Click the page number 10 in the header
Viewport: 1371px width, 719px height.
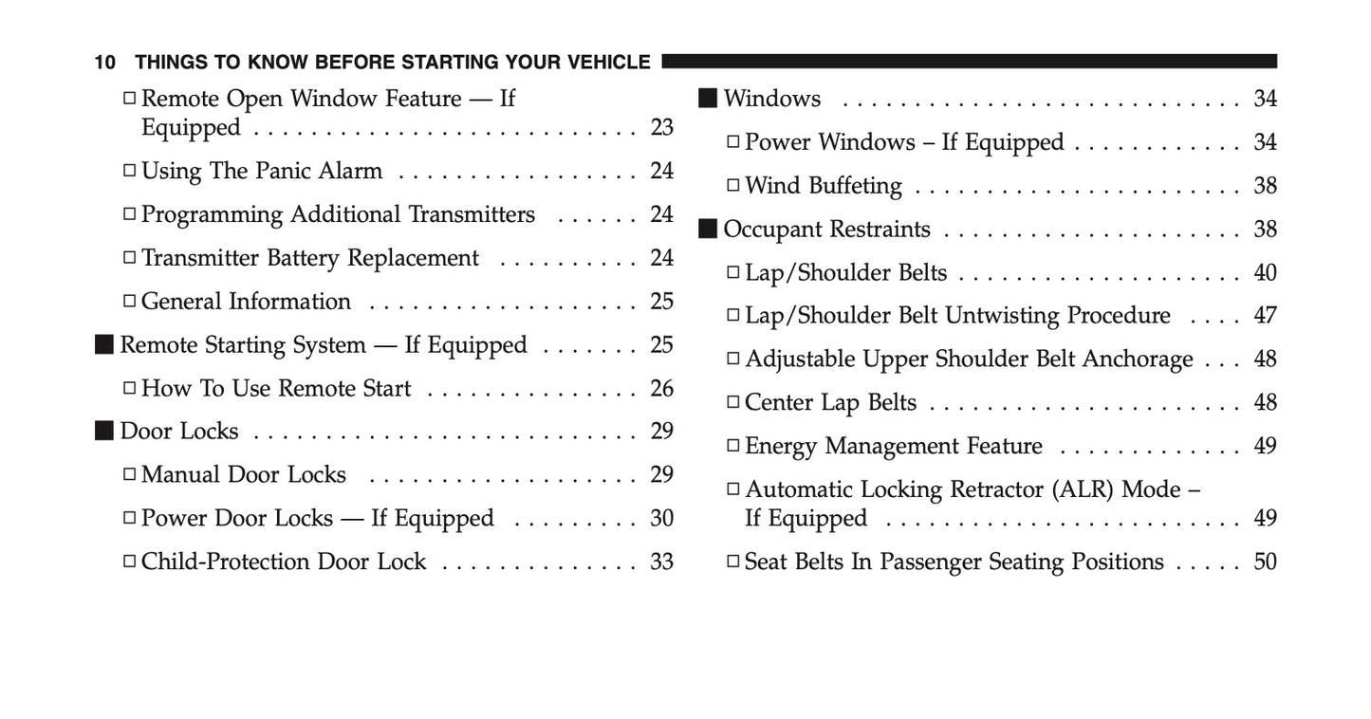pyautogui.click(x=104, y=63)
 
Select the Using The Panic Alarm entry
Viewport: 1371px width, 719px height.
pyautogui.click(x=262, y=172)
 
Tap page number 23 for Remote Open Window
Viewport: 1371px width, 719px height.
pyautogui.click(x=661, y=127)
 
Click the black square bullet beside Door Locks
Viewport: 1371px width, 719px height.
pyautogui.click(x=103, y=432)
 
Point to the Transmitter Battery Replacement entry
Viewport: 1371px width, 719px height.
pyautogui.click(x=310, y=259)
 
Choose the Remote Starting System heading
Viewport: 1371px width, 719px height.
pyautogui.click(x=323, y=345)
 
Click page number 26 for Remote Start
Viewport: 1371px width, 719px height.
pyautogui.click(x=661, y=389)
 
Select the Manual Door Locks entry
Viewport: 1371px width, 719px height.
pyautogui.click(x=244, y=475)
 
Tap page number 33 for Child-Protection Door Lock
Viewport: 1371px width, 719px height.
pyautogui.click(x=661, y=562)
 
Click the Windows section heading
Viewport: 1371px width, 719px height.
pyautogui.click(x=771, y=99)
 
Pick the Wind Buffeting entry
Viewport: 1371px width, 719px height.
pyautogui.click(x=823, y=186)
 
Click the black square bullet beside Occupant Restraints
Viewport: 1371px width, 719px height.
pyautogui.click(x=708, y=230)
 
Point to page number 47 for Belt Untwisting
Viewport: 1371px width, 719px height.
pyautogui.click(x=1265, y=316)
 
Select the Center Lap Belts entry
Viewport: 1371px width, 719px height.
pyautogui.click(x=830, y=403)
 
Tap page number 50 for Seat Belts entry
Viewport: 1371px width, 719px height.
pyautogui.click(x=1265, y=562)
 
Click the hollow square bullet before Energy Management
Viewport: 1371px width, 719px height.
pyautogui.click(x=732, y=447)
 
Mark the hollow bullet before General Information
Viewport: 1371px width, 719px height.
pyautogui.click(x=129, y=303)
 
